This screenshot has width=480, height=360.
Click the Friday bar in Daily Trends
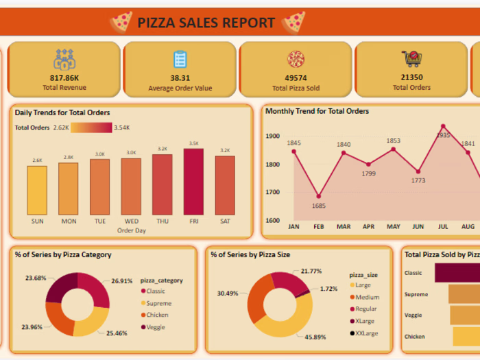click(x=193, y=182)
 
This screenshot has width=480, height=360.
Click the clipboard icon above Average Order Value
click(x=180, y=59)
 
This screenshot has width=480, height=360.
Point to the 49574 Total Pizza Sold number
click(x=296, y=78)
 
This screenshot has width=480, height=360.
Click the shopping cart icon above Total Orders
click(x=411, y=59)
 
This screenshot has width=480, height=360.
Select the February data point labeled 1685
click(x=318, y=197)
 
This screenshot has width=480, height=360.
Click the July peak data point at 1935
click(x=443, y=126)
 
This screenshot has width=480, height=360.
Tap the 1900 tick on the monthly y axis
click(x=273, y=136)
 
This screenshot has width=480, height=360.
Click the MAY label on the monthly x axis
click(x=393, y=226)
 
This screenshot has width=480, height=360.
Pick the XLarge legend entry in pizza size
click(x=364, y=321)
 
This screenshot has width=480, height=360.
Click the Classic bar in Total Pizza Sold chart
click(x=457, y=273)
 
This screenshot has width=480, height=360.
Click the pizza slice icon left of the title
click(x=121, y=22)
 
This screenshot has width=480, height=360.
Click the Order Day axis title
click(x=131, y=230)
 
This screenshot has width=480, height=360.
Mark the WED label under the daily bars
click(x=131, y=221)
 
